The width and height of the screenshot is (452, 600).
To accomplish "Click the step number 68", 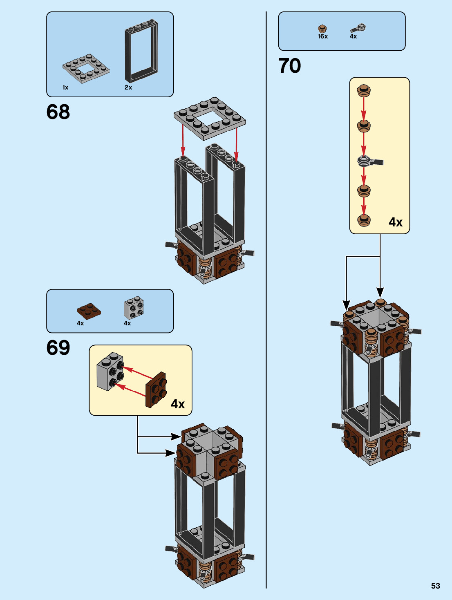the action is coord(58,112).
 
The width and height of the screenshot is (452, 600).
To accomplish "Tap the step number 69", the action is coord(58,348).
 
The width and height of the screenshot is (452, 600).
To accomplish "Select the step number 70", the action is coord(290,66).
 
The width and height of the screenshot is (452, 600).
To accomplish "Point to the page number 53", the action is coord(436,586).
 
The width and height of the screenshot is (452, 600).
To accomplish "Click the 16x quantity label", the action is coord(323,36).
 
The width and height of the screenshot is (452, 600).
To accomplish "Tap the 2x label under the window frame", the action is coord(128,87).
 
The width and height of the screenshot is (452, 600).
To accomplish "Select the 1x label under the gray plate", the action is coord(65,87).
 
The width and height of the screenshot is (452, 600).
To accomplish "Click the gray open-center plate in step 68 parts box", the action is coord(86,68).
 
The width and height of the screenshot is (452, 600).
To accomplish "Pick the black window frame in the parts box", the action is coord(141,51).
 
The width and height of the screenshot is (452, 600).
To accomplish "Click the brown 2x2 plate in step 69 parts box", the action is coord(89,311).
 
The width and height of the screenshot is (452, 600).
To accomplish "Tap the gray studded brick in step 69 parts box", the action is coord(134,307).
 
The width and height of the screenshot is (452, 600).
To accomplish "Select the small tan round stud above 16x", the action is coord(323,29).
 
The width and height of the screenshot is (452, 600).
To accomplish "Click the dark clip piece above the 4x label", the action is coord(358,28).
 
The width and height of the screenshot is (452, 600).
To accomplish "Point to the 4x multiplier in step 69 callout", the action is coord(178,404).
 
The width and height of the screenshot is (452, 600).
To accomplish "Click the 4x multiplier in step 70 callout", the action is coord(396,222).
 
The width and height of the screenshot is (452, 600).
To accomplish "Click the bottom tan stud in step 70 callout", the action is coord(364,220).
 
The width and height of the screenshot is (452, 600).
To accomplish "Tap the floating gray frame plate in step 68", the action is coord(210,119).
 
